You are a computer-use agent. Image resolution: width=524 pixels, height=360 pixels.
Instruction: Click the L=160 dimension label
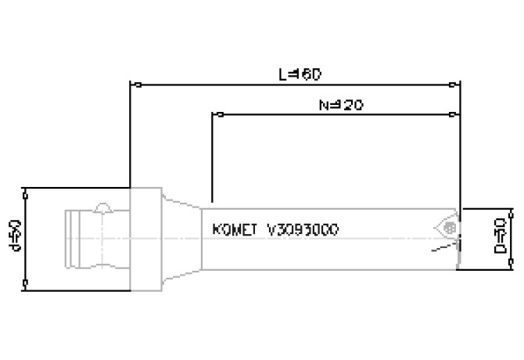[x=300, y=74]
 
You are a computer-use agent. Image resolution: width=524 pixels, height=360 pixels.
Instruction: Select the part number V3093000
[x=303, y=231]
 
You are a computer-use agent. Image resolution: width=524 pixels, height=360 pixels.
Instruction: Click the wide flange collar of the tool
[x=145, y=238]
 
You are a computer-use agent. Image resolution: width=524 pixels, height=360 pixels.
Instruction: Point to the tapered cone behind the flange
[x=181, y=238]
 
